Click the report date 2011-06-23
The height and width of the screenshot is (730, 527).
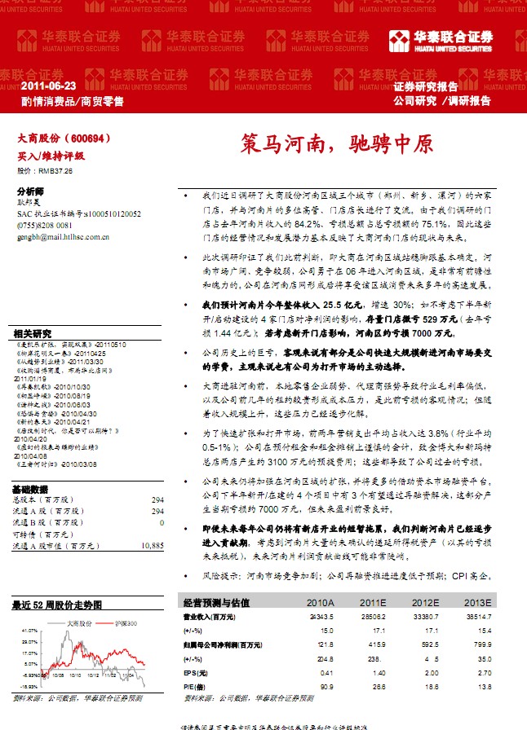click(x=48, y=86)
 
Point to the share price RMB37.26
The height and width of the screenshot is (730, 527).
click(x=45, y=172)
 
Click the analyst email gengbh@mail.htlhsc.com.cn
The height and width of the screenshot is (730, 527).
click(x=63, y=237)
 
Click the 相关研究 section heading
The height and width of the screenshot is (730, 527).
click(x=33, y=333)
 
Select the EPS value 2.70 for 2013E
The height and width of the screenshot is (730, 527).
click(x=485, y=672)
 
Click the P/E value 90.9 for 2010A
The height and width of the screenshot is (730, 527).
click(x=326, y=686)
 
